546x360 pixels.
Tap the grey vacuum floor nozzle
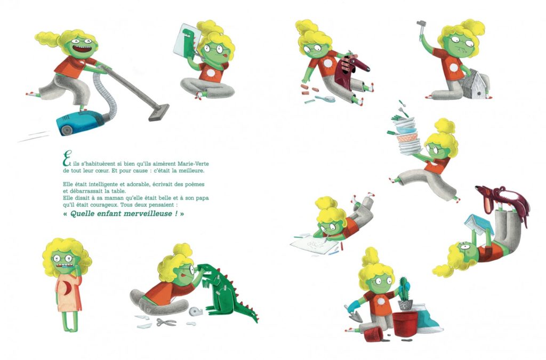pyautogui.click(x=159, y=113)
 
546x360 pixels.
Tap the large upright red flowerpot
pyautogui.click(x=405, y=324)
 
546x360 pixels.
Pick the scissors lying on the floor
pyautogui.click(x=166, y=322)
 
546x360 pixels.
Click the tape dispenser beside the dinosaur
pyautogui.click(x=196, y=311)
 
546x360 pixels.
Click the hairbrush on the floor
pyautogui.click(x=325, y=99)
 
